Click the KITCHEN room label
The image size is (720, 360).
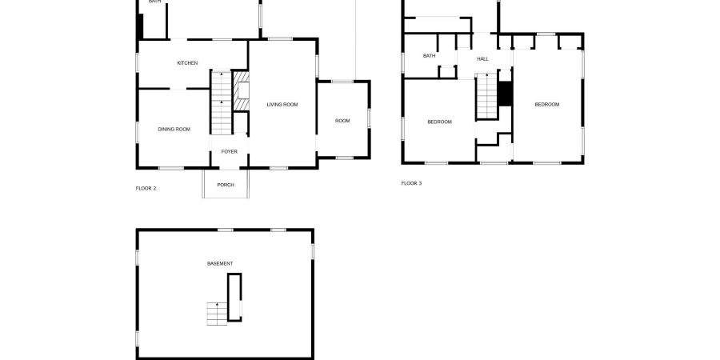click(187, 63)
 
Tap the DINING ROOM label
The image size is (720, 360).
click(174, 129)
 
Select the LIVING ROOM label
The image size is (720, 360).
click(282, 105)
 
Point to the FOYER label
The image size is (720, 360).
click(229, 151)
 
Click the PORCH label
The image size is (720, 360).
click(226, 185)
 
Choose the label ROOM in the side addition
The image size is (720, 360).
click(342, 121)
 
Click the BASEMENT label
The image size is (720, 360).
click(220, 263)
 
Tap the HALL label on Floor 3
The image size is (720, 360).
click(482, 58)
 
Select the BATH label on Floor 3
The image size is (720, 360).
click(430, 56)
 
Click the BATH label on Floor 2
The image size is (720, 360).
click(154, 2)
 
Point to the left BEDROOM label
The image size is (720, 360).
click(439, 122)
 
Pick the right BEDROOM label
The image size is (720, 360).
click(546, 105)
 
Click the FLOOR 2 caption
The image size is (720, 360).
click(146, 188)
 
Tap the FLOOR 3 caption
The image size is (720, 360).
click(411, 183)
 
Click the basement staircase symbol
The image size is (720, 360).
click(217, 313)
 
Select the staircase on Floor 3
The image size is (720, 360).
click(486, 96)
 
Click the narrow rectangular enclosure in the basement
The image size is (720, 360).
click(234, 296)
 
